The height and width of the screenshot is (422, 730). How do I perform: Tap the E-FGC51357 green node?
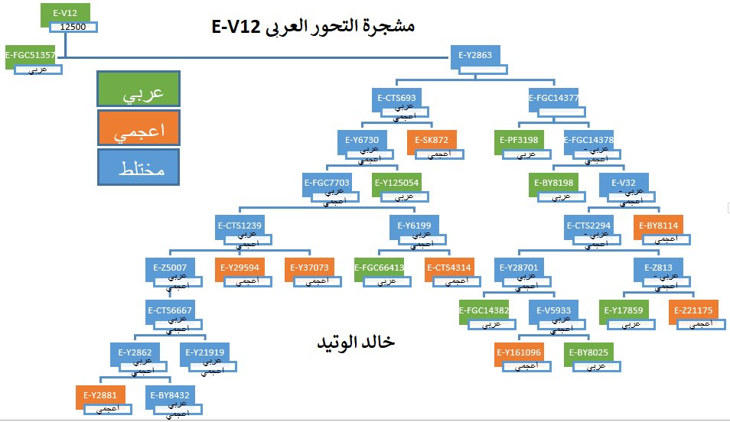click(30, 55)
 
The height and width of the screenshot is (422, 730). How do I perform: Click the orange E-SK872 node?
click(435, 141)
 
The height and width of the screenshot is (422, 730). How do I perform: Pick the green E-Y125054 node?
click(396, 183)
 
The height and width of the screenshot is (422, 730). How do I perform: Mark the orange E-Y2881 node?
click(100, 395)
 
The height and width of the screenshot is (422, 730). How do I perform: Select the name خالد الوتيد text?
click(356, 342)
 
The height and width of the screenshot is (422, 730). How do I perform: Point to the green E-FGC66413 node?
click(380, 268)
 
